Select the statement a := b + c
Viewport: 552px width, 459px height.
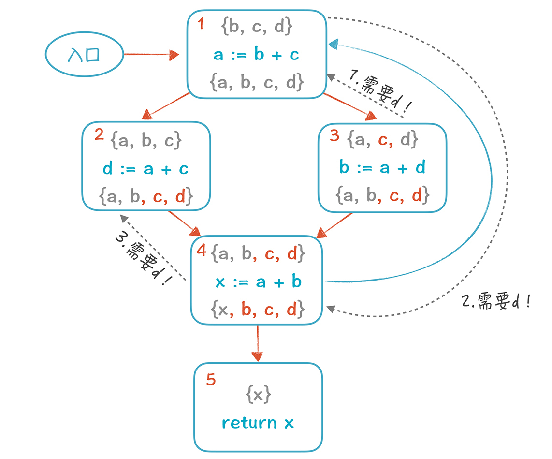pos(256,55)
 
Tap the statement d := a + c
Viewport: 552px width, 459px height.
pos(145,168)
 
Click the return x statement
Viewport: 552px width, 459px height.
pos(258,423)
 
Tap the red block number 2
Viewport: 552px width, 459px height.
pos(99,134)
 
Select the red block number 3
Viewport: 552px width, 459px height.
pos(334,135)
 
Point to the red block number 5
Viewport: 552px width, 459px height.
pos(211,380)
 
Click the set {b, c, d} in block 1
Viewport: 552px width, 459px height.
pos(256,27)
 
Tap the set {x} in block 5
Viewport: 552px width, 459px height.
pos(258,395)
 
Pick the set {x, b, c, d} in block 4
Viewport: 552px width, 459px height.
pos(257,309)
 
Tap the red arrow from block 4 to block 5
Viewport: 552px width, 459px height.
pos(257,343)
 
